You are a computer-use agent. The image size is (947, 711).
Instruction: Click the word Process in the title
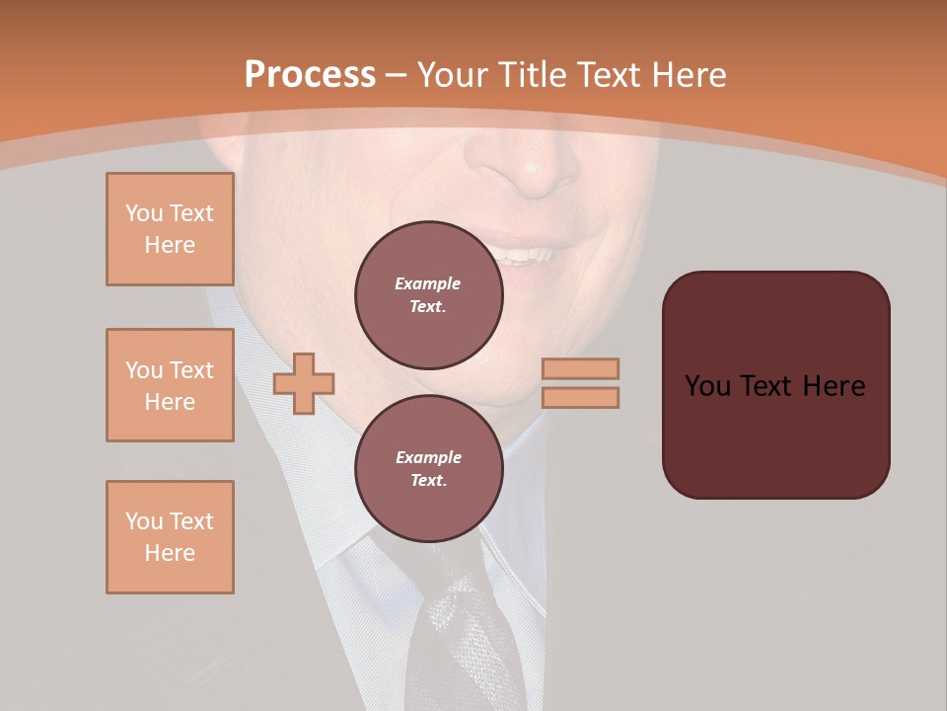[310, 75]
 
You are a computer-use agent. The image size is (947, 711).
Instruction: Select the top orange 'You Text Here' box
[170, 229]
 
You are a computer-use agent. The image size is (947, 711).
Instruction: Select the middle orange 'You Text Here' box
[170, 385]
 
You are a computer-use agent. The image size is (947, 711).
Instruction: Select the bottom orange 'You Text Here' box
[170, 537]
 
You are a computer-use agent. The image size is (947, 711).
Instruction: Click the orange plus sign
[304, 384]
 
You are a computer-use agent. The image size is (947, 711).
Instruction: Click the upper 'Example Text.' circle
[429, 295]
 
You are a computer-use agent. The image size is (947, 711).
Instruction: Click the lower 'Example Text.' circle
[429, 469]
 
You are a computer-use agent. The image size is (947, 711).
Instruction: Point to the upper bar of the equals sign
[580, 369]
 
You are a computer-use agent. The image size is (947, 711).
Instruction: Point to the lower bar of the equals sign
[580, 398]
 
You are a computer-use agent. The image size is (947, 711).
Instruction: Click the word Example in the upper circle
[428, 283]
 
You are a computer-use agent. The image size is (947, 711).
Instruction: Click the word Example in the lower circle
[428, 457]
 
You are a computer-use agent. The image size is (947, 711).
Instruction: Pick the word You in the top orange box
[143, 213]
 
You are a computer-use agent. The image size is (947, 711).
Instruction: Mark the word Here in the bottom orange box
[170, 553]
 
